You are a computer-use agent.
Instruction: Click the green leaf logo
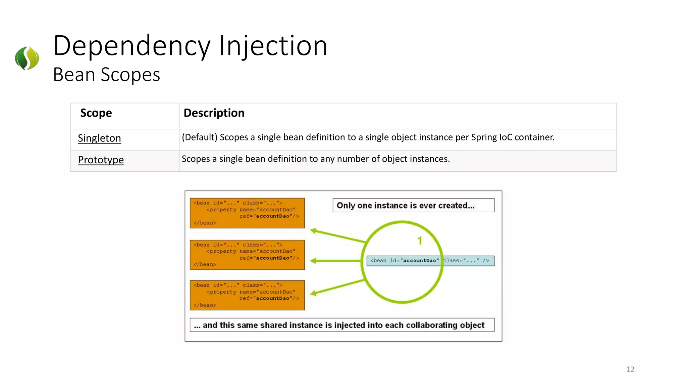coord(27,58)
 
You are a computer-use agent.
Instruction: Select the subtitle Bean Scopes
coord(106,75)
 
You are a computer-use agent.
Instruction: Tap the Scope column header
coord(96,113)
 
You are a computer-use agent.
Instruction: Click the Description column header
coord(214,113)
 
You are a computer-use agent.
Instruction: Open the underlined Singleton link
coord(99,138)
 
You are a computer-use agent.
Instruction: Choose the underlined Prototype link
coord(101,160)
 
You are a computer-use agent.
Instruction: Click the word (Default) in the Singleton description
coord(200,137)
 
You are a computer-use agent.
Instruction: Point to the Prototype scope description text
coord(315,159)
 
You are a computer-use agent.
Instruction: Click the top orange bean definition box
coord(247,213)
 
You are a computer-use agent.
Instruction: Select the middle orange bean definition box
coord(247,255)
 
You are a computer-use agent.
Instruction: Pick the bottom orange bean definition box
coord(247,295)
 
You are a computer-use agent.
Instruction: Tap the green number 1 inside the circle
coord(420,241)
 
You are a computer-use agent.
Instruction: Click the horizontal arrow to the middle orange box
coord(335,261)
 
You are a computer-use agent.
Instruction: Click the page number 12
coord(630,369)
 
